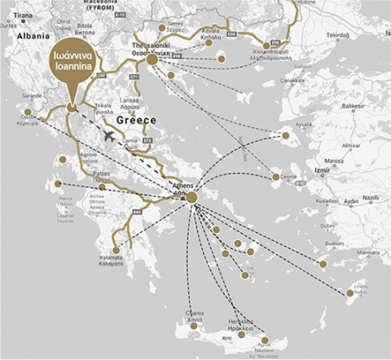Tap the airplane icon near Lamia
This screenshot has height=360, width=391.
[x=110, y=134]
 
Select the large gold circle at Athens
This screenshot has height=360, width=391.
[x=191, y=197]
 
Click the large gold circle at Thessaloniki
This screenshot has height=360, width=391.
[x=152, y=59]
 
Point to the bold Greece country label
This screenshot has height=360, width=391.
[x=136, y=120]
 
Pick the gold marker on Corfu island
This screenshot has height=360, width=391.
[x=29, y=112]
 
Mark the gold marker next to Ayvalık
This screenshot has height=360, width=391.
[x=286, y=135]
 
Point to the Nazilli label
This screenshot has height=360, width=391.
[x=371, y=198]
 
